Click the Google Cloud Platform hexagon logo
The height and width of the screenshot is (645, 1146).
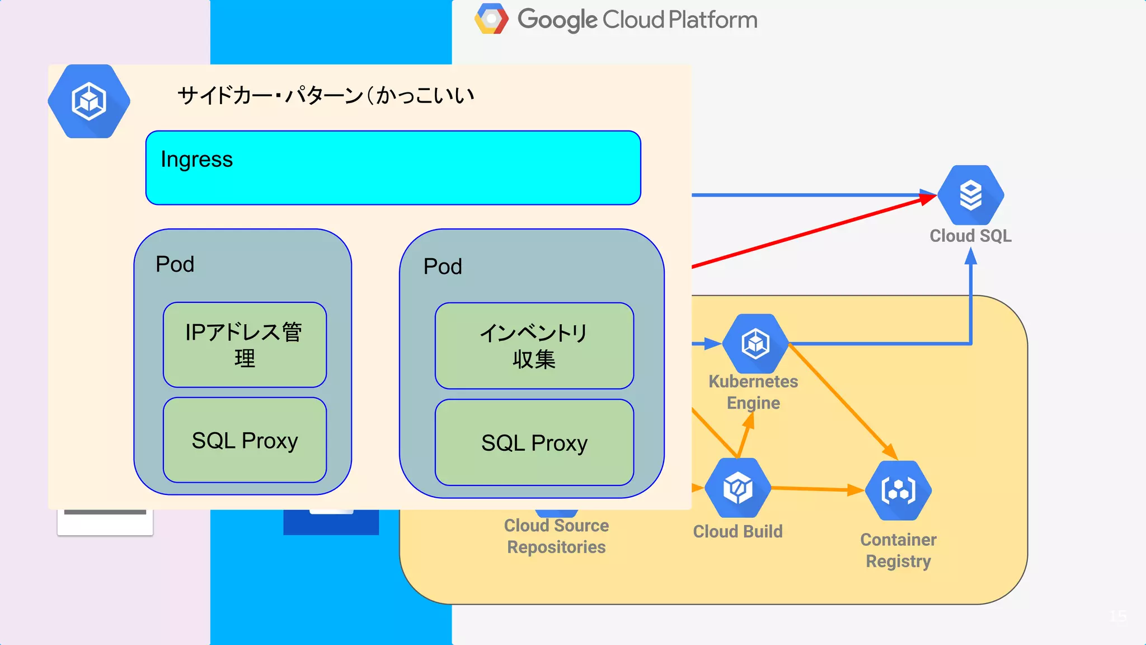click(x=491, y=19)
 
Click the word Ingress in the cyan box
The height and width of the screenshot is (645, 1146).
click(x=196, y=160)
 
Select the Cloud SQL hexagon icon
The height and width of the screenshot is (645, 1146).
click(x=970, y=195)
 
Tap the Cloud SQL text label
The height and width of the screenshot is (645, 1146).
click(x=970, y=236)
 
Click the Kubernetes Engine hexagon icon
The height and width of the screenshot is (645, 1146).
click(x=755, y=343)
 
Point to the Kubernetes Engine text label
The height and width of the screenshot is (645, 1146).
click(x=753, y=392)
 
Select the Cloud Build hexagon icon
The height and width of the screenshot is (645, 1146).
click(x=738, y=488)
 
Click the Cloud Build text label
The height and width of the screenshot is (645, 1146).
click(x=738, y=531)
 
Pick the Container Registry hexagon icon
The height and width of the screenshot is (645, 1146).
click(x=898, y=490)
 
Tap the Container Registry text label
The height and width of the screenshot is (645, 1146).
click(x=898, y=550)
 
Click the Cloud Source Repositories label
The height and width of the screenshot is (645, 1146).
click(x=556, y=536)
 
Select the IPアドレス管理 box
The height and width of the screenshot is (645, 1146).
click(x=245, y=345)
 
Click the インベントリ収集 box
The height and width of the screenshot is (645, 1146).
click(x=534, y=346)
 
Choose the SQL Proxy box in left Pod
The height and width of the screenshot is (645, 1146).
click(x=245, y=440)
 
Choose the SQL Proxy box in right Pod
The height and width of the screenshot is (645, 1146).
click(x=534, y=442)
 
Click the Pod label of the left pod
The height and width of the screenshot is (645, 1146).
click(x=175, y=264)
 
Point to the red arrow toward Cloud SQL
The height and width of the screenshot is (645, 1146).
click(x=811, y=232)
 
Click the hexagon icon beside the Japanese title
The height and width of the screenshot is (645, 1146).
click(x=89, y=101)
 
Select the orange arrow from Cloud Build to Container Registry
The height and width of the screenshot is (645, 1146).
click(x=817, y=489)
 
